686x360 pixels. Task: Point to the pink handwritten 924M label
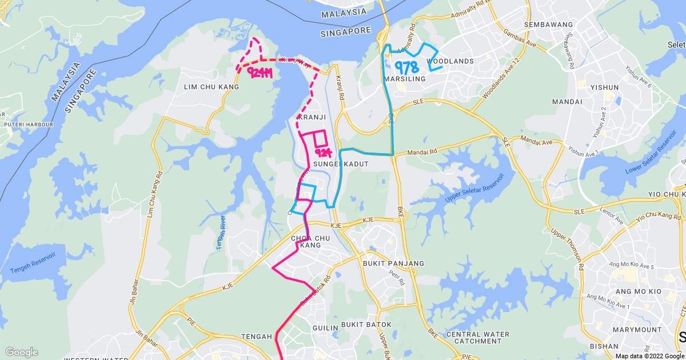tap(259, 72)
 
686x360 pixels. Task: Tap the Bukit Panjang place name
tap(393, 263)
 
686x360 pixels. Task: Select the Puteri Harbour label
tap(28, 125)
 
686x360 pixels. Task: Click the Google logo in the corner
tap(21, 351)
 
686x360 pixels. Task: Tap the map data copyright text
tap(649, 355)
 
